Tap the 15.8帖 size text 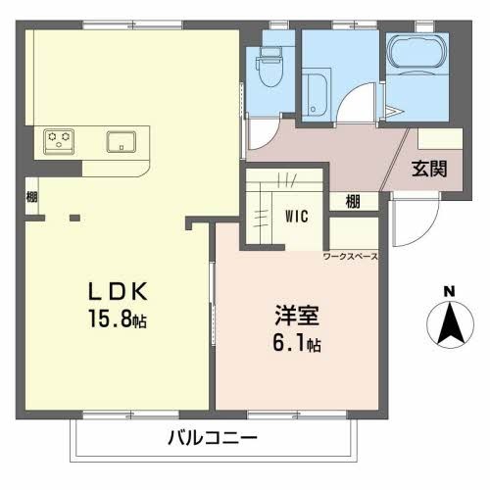pyautogui.click(x=121, y=318)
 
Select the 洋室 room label pyautogui.click(x=297, y=318)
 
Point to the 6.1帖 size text pyautogui.click(x=297, y=344)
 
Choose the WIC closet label pyautogui.click(x=298, y=216)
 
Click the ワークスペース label pyautogui.click(x=350, y=257)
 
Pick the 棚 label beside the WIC pyautogui.click(x=352, y=201)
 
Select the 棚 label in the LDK pyautogui.click(x=32, y=196)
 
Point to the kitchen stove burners pyautogui.click(x=58, y=140)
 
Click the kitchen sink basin pyautogui.click(x=122, y=140)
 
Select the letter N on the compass pyautogui.click(x=449, y=291)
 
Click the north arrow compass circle pyautogui.click(x=449, y=323)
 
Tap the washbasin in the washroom pyautogui.click(x=317, y=93)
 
